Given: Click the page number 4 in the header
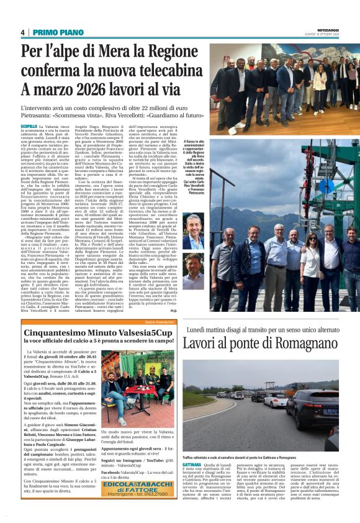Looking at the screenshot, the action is click(x=22, y=32).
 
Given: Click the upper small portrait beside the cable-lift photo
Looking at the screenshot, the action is click(x=192, y=226).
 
